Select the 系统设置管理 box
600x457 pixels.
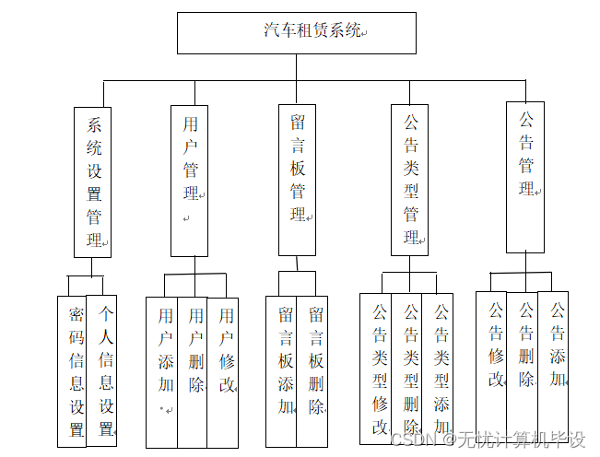tap(92, 181)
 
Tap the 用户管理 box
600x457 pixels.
tap(190, 181)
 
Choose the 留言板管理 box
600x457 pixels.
tap(297, 181)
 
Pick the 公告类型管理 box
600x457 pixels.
tap(410, 181)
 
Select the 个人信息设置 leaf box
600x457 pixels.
tap(102, 371)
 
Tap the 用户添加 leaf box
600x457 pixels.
tap(162, 371)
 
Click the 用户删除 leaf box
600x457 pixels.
tap(193, 371)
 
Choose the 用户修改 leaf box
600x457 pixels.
tap(223, 371)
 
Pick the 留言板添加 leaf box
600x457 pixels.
tap(281, 371)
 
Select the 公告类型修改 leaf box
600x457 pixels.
tap(376, 369)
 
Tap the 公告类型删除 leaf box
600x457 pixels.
tap(407, 369)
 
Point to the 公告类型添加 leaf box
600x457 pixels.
tap(438, 369)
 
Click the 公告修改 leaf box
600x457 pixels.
tap(492, 364)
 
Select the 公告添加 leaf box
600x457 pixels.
tap(554, 364)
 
